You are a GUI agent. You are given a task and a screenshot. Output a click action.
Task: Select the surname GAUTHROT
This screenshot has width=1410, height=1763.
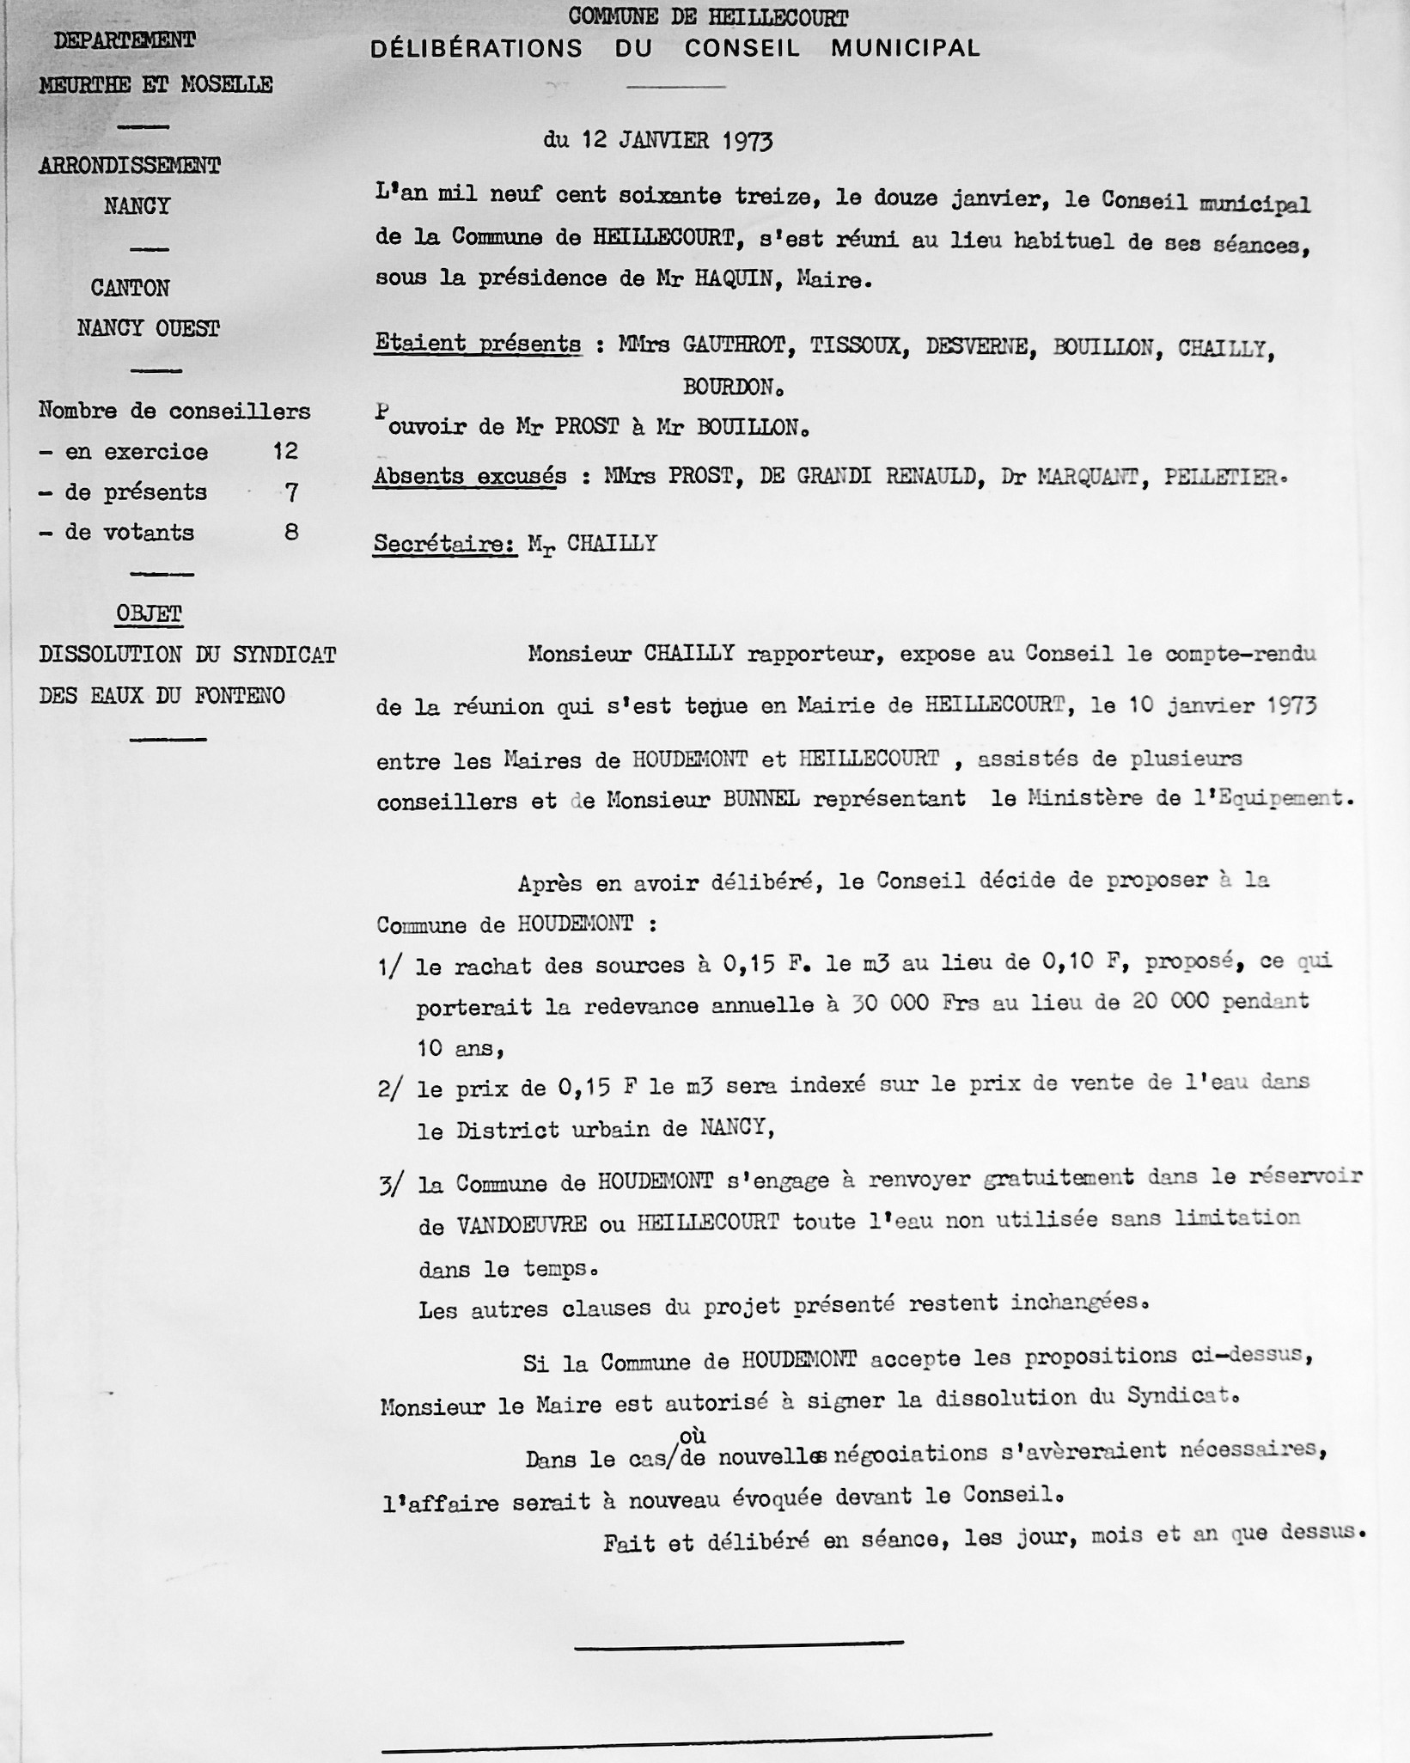point(734,346)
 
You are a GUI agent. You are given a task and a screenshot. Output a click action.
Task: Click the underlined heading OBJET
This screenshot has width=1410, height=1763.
point(150,613)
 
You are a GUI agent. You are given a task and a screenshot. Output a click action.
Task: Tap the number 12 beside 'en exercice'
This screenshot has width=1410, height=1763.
point(285,451)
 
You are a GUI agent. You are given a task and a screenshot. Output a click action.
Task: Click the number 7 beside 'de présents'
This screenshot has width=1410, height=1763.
point(292,492)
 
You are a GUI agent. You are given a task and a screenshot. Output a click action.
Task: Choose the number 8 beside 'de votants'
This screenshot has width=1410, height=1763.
point(292,533)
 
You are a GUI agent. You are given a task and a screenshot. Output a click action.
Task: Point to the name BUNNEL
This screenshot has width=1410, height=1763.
point(761,800)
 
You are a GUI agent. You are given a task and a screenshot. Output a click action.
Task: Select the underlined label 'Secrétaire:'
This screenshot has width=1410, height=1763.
point(444,544)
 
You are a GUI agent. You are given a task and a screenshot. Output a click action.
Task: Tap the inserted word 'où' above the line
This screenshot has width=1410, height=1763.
point(693,1436)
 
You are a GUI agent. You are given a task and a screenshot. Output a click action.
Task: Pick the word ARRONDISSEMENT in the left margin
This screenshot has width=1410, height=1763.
point(130,166)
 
